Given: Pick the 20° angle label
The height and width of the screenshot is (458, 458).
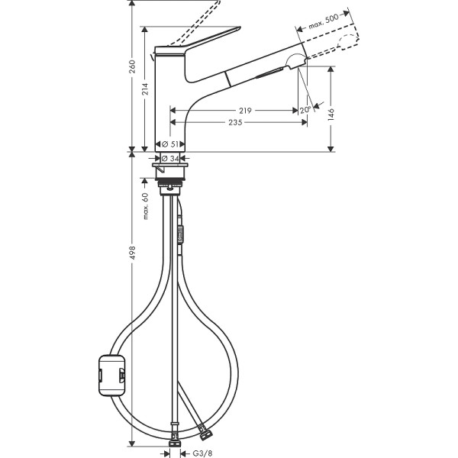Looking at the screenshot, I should (305, 109).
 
